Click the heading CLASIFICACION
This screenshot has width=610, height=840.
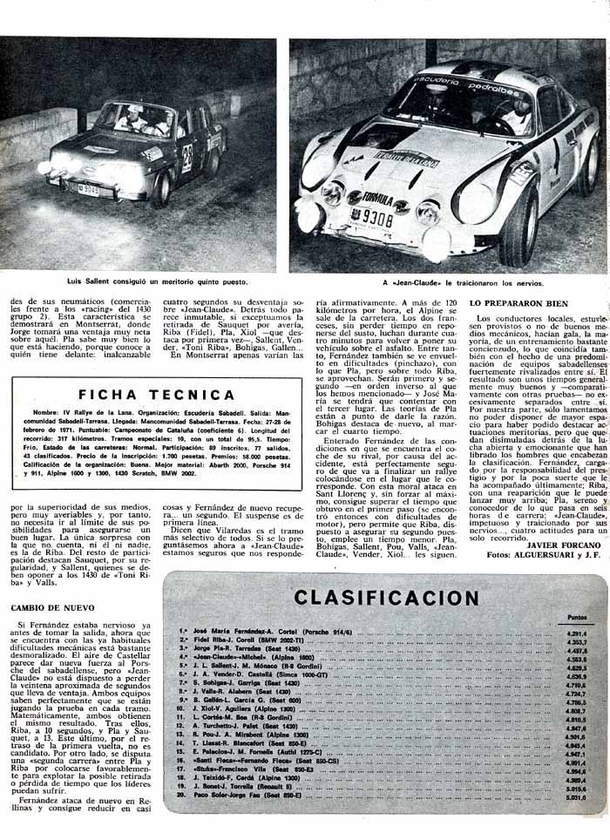(386, 597)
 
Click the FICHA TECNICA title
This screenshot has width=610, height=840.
(156, 393)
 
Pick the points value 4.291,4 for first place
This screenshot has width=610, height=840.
(576, 633)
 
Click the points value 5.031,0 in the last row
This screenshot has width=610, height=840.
(576, 796)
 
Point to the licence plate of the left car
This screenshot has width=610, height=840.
(88, 187)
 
